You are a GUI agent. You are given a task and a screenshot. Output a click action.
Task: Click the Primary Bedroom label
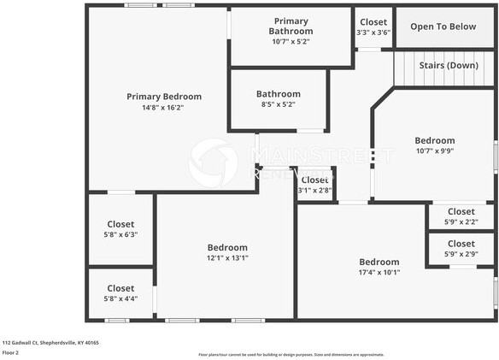[164, 97]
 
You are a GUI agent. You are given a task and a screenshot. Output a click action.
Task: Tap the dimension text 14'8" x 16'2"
[163, 108]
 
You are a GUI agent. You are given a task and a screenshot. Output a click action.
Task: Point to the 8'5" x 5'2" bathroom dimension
[278, 104]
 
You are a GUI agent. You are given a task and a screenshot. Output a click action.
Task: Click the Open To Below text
[443, 27]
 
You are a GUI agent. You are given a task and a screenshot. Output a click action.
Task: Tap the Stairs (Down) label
[449, 66]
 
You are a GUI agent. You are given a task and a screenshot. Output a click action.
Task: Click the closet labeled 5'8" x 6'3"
[120, 229]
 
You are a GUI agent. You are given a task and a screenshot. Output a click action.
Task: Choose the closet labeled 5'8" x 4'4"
[120, 293]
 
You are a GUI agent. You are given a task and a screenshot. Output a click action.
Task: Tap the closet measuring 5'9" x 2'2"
[461, 216]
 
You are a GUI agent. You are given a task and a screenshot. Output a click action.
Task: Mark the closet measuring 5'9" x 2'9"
[461, 249]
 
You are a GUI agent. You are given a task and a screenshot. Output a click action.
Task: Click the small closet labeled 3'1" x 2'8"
[314, 185]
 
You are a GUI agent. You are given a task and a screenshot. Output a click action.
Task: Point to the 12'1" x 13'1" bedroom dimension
[226, 257]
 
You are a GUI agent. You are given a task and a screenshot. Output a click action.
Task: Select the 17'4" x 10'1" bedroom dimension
[379, 272]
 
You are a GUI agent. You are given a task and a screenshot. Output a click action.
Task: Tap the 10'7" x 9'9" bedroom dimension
[434, 150]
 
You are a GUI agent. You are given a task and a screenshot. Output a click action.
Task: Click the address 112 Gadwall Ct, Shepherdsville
[50, 342]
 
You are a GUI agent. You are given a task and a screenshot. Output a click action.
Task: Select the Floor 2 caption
[11, 352]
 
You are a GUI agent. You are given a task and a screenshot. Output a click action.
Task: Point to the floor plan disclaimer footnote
[291, 354]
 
